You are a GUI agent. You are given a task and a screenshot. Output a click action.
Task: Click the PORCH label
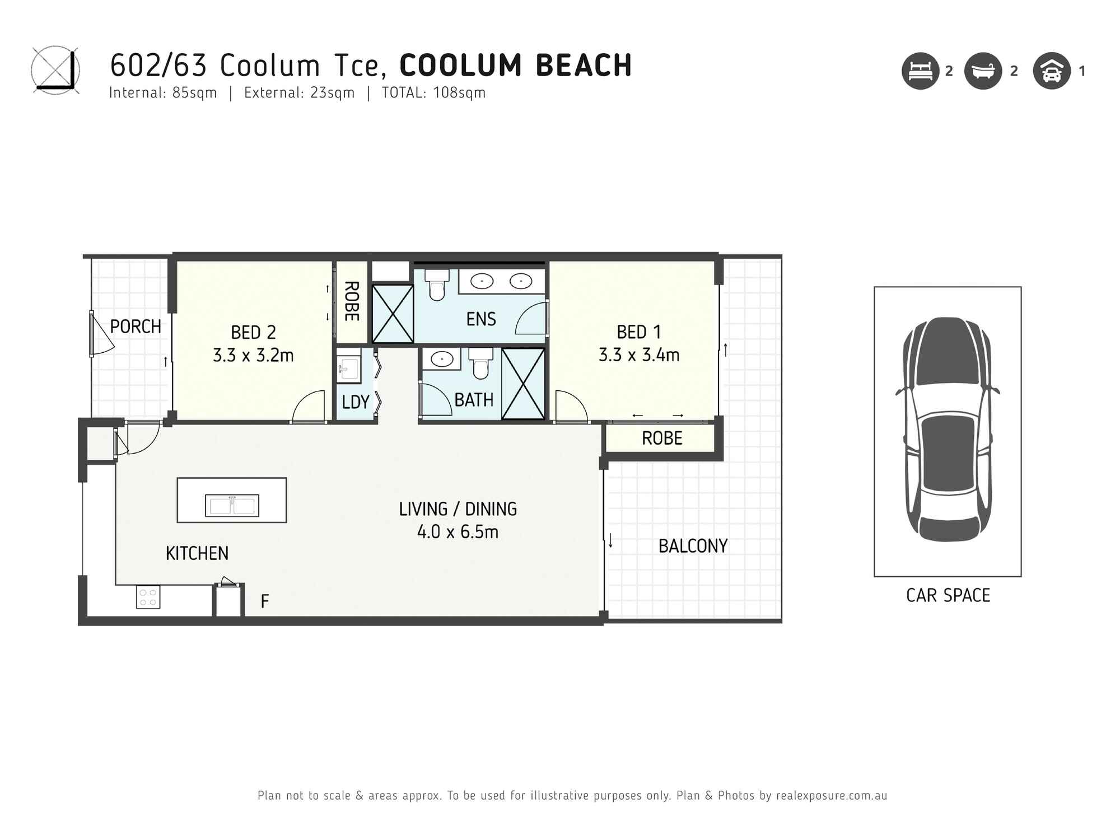[135, 326]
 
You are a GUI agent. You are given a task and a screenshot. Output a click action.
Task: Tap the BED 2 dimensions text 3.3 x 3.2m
[253, 355]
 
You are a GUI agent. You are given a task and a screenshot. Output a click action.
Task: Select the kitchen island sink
[232, 506]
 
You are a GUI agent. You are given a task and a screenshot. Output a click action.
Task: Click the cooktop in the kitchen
[148, 597]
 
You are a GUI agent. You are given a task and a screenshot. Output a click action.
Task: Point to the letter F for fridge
[265, 601]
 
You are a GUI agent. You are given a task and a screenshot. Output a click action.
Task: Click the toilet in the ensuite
[437, 285]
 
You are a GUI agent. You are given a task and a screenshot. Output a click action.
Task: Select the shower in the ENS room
[393, 314]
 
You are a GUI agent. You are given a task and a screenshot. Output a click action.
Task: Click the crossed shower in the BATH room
[523, 384]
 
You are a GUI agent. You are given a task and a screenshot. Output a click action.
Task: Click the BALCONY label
[693, 546]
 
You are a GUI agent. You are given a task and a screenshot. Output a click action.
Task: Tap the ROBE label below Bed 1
[662, 438]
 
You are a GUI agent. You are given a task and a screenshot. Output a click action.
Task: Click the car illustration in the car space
[948, 430]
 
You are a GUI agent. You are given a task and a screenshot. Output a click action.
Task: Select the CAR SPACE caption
[948, 595]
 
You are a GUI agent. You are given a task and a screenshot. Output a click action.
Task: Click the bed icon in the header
[920, 71]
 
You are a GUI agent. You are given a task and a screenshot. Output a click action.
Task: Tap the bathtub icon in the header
[983, 71]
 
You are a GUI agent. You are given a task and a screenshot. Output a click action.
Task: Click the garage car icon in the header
[1052, 71]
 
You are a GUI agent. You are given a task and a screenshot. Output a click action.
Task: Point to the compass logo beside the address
[55, 70]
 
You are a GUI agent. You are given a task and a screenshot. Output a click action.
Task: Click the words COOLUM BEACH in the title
[516, 66]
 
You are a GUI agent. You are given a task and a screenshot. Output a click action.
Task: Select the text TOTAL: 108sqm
[433, 93]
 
